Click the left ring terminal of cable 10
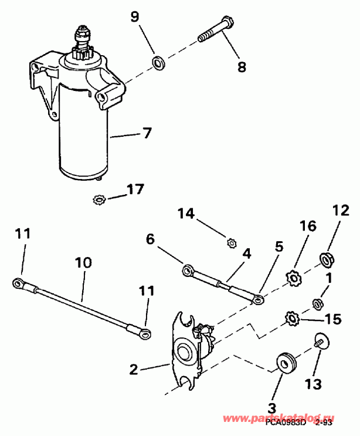(19, 284)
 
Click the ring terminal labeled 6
(187, 270)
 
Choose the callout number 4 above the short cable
(246, 254)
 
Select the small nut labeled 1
(318, 303)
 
